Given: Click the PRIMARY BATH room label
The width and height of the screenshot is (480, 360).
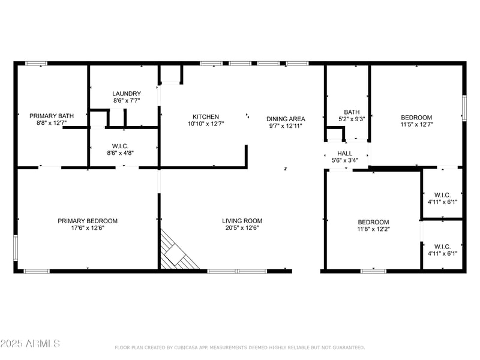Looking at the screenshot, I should (x=52, y=116).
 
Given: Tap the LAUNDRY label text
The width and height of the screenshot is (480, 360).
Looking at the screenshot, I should (x=127, y=94).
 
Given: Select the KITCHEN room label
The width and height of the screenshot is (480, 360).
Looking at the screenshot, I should (x=206, y=117).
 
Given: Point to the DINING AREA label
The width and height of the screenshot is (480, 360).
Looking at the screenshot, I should (x=286, y=119).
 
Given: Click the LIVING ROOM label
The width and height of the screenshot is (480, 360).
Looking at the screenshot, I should (x=242, y=221).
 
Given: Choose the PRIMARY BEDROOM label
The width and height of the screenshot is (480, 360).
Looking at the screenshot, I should (x=88, y=221).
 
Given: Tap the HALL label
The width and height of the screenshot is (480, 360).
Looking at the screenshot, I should (x=345, y=154).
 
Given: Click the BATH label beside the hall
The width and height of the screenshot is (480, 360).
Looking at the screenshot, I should (x=352, y=112).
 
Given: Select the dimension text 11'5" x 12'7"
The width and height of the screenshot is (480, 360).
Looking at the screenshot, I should (x=416, y=125).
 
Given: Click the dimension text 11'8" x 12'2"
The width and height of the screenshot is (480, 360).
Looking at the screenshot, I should (x=374, y=229).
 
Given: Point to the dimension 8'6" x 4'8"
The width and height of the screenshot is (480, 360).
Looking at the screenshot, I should (x=120, y=153).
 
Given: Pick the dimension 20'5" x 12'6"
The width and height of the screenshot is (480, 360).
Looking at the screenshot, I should (x=242, y=228).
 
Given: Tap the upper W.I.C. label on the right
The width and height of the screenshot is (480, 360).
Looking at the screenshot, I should (x=442, y=194).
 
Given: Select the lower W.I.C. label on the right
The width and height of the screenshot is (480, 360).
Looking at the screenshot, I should (x=442, y=246).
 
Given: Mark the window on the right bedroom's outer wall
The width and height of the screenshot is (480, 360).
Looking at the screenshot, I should (x=464, y=108).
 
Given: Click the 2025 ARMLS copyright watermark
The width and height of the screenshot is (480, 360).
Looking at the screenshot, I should (x=30, y=344).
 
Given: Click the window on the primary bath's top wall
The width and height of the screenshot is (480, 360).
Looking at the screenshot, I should (x=36, y=63).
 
